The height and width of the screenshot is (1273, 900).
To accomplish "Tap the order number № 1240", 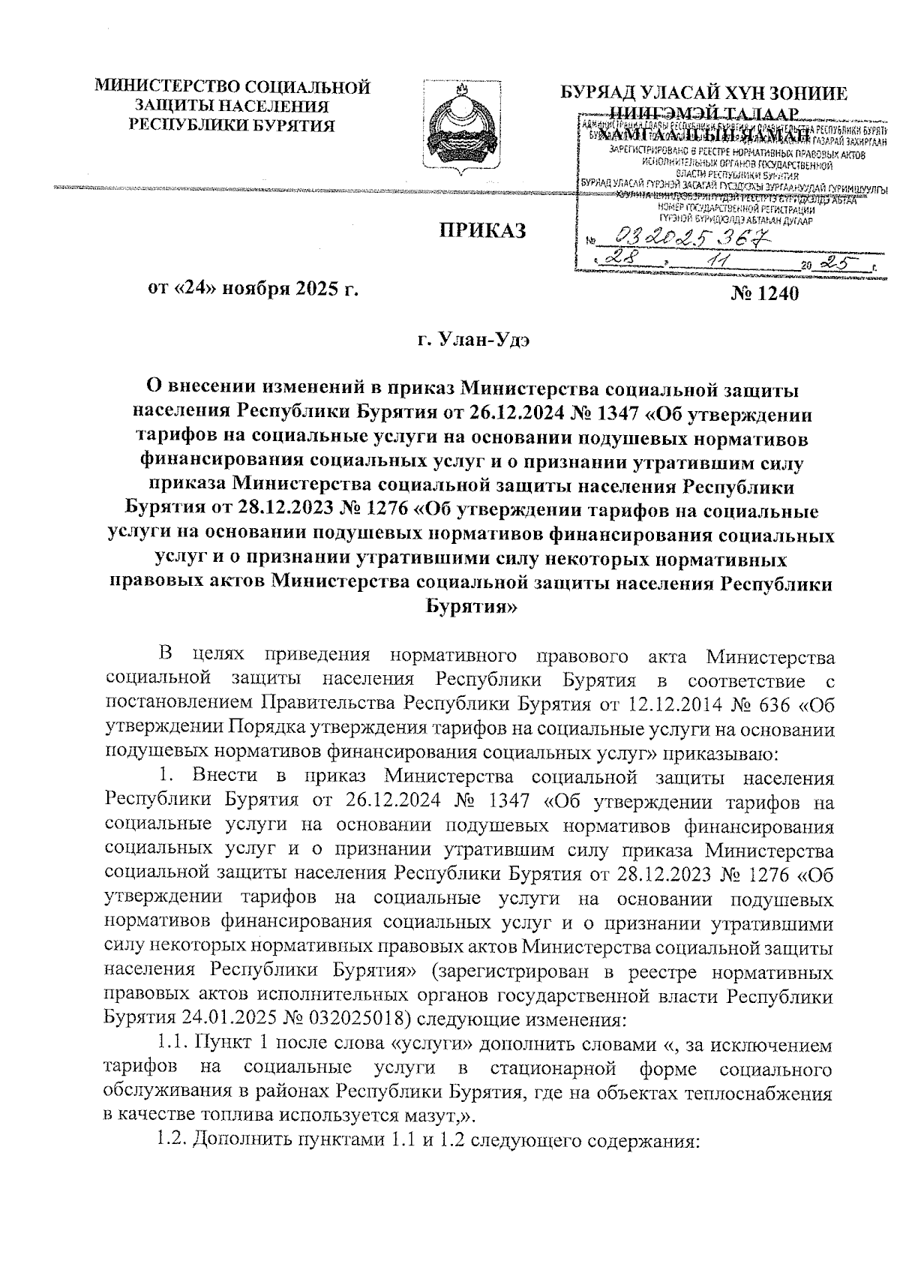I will pos(764,293).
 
